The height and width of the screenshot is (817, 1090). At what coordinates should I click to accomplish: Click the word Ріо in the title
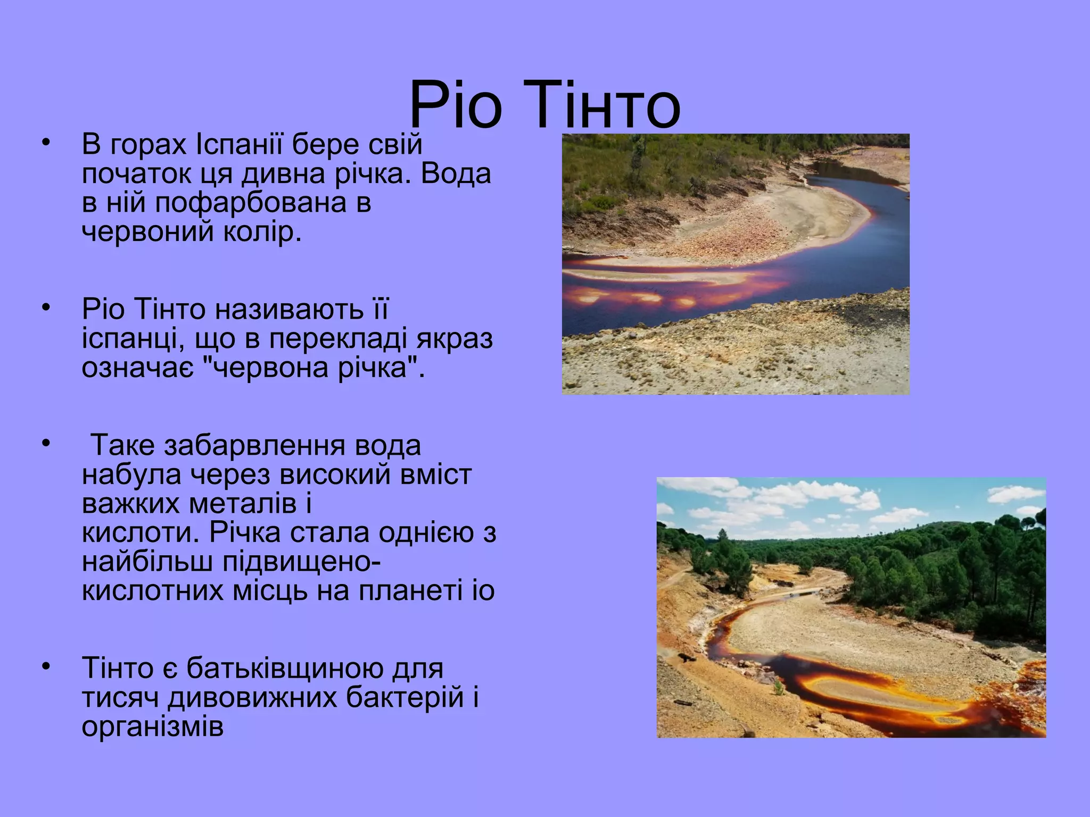click(456, 105)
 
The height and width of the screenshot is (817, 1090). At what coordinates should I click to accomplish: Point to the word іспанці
click(129, 339)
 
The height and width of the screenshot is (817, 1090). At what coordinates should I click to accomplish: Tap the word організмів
click(153, 727)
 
